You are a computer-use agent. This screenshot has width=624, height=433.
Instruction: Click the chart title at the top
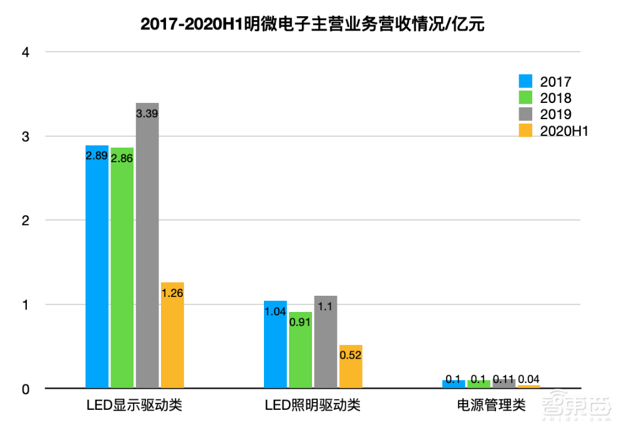[x=312, y=24]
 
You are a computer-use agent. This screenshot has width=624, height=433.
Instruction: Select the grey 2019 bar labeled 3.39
[x=147, y=250]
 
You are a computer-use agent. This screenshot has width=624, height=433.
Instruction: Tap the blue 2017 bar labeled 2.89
[x=97, y=268]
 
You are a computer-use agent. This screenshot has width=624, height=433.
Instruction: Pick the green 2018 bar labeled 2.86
[x=122, y=268]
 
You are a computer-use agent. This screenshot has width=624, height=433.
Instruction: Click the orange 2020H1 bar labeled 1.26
[x=172, y=337]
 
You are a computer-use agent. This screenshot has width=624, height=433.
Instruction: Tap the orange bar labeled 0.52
[x=351, y=368]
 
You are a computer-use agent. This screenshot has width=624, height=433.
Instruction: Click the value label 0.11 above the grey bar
[x=504, y=379]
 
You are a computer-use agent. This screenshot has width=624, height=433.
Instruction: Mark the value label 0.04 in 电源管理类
[x=529, y=379]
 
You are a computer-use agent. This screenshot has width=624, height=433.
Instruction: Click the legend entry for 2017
[x=545, y=82]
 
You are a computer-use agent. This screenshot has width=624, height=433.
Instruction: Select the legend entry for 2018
[x=545, y=98]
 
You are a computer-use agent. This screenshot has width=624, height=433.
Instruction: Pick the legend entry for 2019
[x=545, y=114]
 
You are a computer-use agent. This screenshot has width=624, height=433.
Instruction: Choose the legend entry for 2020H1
[x=554, y=130]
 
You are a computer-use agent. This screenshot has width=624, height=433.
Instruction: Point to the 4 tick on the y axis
[x=26, y=52]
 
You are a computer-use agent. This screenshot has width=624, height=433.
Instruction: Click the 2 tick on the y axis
[x=26, y=220]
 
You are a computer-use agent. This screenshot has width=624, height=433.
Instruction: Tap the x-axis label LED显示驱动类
[x=134, y=406]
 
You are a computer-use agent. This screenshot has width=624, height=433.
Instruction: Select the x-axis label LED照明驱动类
[x=313, y=406]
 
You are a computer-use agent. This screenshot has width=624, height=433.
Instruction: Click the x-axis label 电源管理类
[x=491, y=406]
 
